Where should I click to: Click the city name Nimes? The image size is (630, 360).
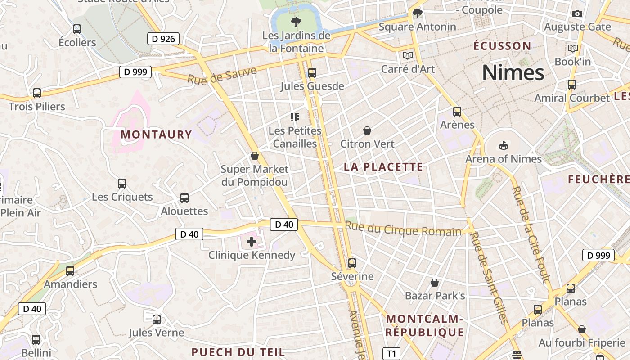point(513,72)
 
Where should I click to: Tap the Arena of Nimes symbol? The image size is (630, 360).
point(503,145)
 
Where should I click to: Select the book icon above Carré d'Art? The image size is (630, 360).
point(408,55)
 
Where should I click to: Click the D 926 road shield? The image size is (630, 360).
point(163,39)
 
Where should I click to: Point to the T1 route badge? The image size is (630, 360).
point(391,354)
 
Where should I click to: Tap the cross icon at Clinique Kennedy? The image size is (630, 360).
point(252,242)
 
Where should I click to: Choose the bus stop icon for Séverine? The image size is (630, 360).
point(352,263)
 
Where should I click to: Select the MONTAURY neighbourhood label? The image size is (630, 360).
point(156,135)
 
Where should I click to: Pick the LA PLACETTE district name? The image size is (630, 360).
point(383,167)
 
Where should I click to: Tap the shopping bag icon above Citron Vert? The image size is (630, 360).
point(367,130)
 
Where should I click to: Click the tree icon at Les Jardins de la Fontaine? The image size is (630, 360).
point(296,22)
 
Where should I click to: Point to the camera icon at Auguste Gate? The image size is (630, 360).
point(577,13)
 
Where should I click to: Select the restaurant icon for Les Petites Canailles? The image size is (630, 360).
point(295,117)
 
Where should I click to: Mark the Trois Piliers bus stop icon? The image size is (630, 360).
point(37,93)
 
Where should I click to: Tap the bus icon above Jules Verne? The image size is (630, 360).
point(157,319)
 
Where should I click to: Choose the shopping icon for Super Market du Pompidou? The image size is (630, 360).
point(255,156)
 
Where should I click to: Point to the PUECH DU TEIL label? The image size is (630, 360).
point(238,352)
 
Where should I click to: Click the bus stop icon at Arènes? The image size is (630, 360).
point(457,111)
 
